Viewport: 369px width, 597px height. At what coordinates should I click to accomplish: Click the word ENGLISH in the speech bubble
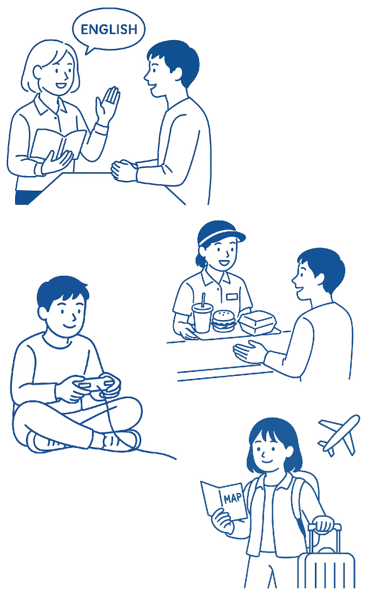coord(109,29)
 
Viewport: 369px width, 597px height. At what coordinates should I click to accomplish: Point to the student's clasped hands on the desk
coord(124,170)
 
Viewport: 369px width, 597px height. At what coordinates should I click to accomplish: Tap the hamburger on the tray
coord(223,321)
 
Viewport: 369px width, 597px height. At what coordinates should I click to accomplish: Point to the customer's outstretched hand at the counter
coord(249,352)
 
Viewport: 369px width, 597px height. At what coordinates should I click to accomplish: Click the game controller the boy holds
coord(96,385)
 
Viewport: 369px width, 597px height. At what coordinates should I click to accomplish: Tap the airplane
coord(339,434)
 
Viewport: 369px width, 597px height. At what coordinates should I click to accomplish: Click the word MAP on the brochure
coord(233,497)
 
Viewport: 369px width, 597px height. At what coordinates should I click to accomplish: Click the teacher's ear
coord(38,72)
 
